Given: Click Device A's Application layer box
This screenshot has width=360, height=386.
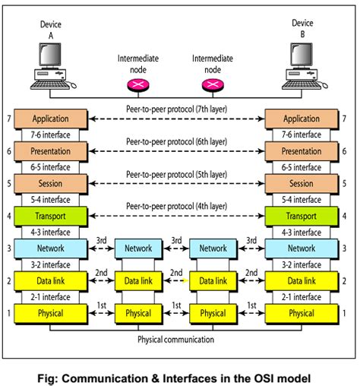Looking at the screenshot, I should (50, 119).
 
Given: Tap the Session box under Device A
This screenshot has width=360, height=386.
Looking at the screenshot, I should (50, 183).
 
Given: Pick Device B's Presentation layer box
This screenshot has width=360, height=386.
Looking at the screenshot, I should (302, 150).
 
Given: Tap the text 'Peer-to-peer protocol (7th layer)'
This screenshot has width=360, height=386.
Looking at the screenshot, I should (175, 109).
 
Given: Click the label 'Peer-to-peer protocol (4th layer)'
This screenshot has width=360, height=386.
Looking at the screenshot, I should (175, 206).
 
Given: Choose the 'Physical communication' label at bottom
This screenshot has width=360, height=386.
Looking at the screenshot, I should (175, 340).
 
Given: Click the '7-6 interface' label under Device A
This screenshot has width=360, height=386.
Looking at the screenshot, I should (50, 134).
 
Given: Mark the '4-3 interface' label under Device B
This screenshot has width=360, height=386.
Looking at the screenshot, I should (302, 232).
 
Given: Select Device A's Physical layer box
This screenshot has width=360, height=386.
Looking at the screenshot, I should (50, 313).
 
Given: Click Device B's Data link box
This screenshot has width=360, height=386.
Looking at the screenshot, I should (302, 280).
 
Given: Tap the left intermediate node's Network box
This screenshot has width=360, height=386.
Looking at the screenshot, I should (138, 248).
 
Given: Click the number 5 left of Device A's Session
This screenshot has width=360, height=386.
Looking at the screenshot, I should (8, 183).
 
